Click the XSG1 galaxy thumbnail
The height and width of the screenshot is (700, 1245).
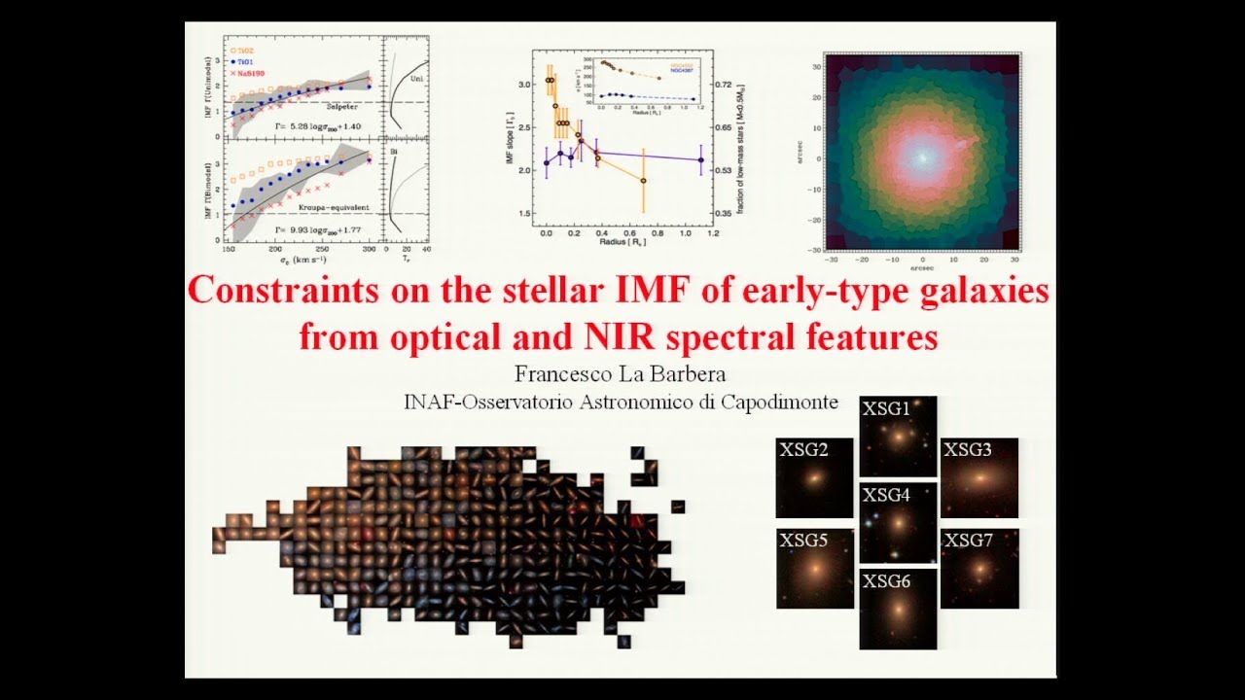898,437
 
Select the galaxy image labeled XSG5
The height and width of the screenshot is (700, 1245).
814,569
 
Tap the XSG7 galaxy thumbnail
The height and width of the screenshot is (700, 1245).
979,569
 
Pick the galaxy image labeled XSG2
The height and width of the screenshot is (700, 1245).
814,477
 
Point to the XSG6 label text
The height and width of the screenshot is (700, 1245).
886,581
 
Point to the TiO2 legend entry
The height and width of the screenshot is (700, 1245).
243,51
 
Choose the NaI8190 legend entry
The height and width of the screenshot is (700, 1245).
248,74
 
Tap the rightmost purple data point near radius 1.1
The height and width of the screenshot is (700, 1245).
701,160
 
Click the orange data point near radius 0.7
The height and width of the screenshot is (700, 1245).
643,181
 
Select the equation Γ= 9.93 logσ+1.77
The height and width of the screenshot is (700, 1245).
319,231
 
